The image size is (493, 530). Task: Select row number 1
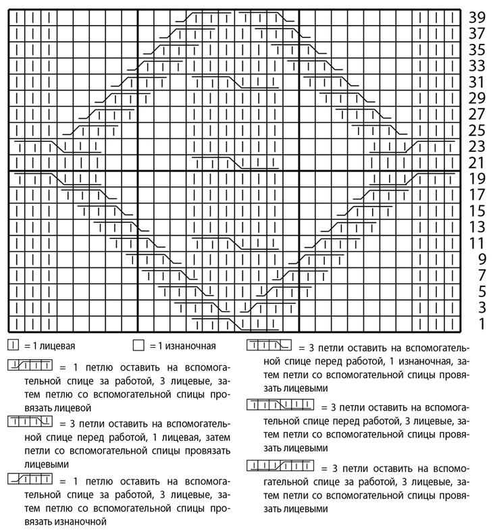tap(482, 325)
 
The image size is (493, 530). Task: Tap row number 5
tap(482, 292)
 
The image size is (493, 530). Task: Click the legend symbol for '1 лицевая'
tap(13, 346)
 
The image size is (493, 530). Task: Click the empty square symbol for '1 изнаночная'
tap(138, 346)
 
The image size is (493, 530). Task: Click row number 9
tap(482, 260)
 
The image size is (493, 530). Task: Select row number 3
tap(482, 309)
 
